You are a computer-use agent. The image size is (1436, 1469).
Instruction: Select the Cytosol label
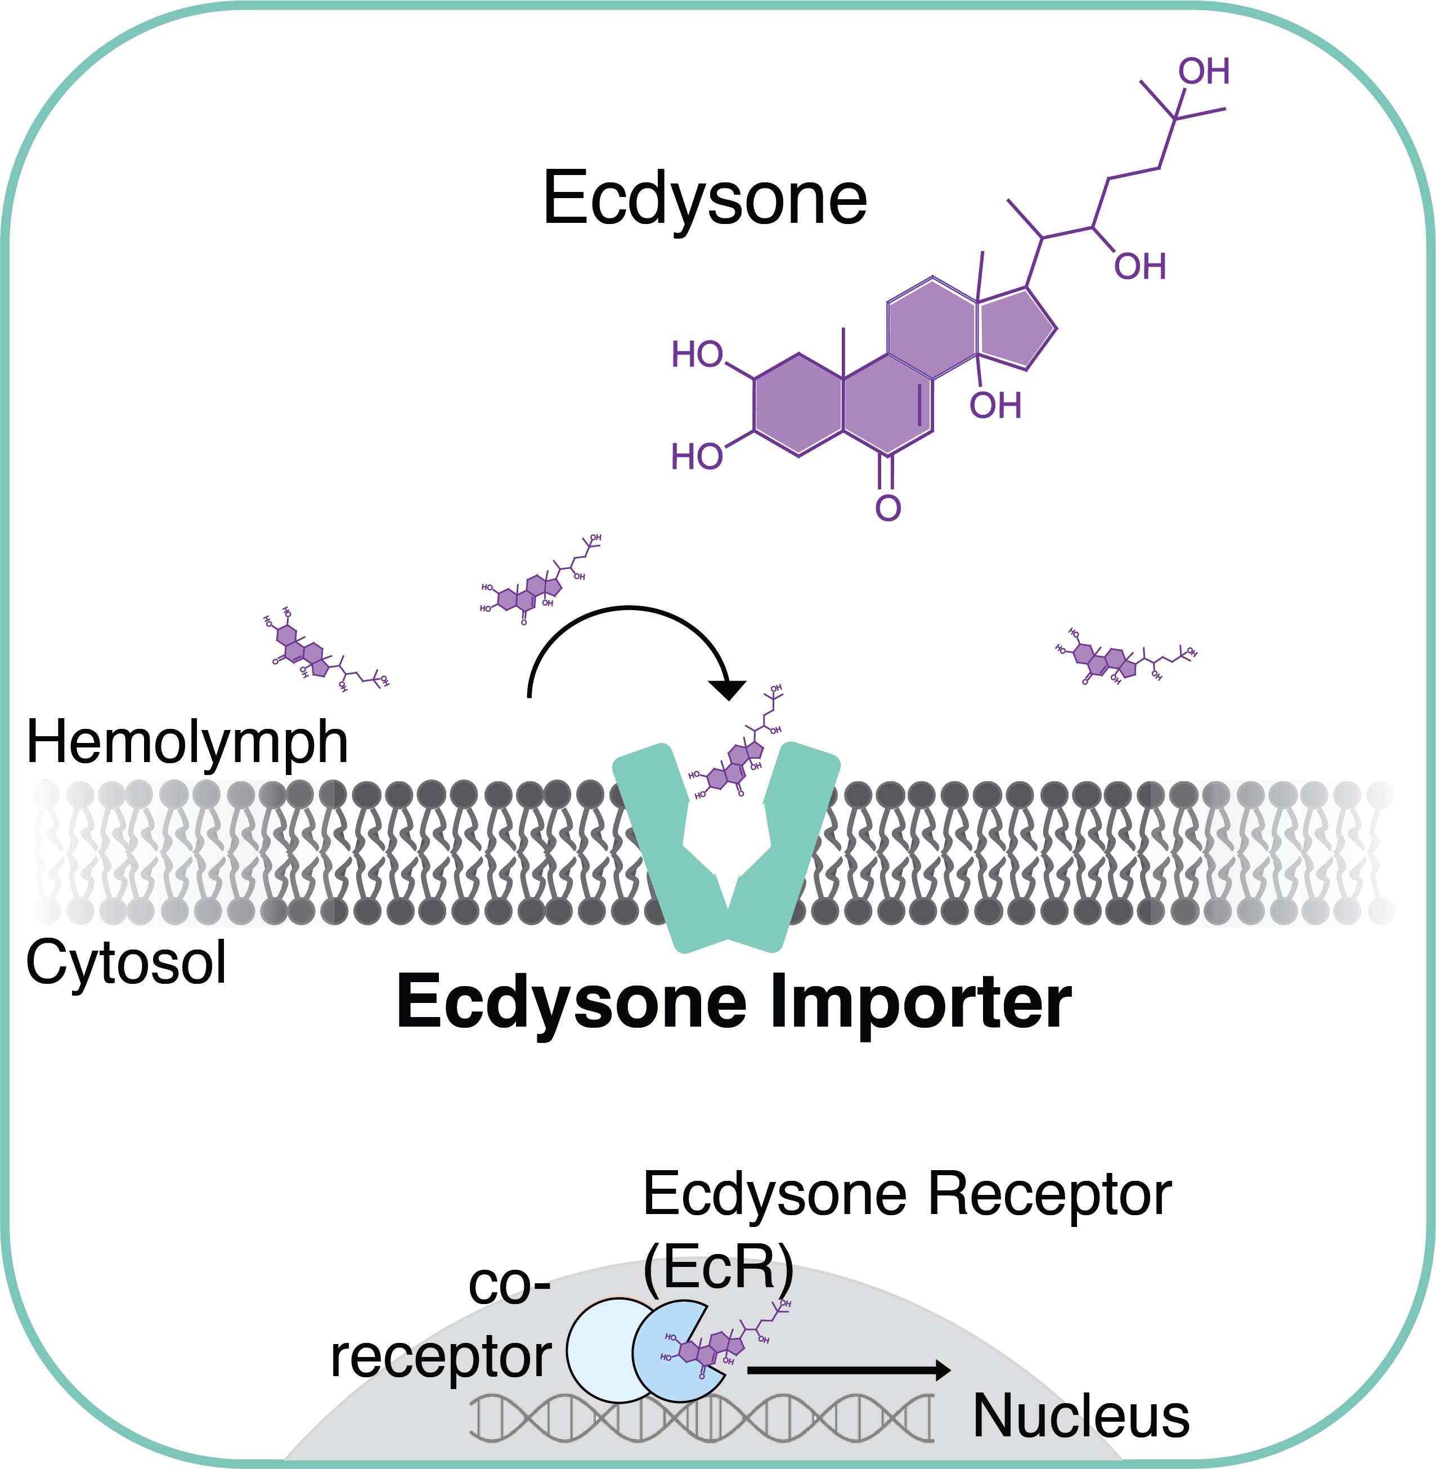click(126, 964)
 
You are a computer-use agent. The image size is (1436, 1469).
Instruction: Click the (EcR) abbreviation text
click(718, 1267)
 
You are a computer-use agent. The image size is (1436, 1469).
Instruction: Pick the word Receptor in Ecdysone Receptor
click(1049, 1195)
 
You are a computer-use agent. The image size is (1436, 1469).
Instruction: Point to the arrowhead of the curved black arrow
click(728, 689)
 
